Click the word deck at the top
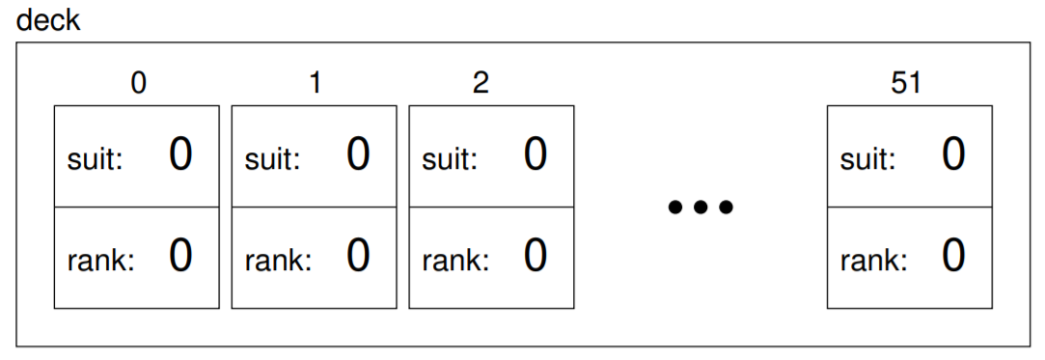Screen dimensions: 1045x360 click(x=47, y=19)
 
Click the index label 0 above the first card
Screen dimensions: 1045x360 click(x=138, y=83)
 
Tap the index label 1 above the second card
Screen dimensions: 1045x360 click(x=316, y=83)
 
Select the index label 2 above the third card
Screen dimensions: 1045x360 click(x=481, y=83)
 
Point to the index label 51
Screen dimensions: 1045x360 click(x=906, y=83)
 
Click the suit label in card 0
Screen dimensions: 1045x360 click(x=96, y=159)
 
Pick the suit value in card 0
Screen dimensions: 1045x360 click(x=180, y=154)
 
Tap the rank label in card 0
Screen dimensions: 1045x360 click(x=100, y=261)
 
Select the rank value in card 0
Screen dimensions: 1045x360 click(x=180, y=256)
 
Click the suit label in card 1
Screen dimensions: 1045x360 click(x=272, y=159)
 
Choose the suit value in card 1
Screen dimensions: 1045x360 click(x=358, y=154)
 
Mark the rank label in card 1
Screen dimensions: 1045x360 click(x=278, y=261)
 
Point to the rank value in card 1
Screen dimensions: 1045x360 click(x=358, y=256)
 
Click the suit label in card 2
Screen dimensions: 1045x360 click(x=450, y=159)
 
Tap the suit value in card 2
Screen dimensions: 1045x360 click(x=536, y=154)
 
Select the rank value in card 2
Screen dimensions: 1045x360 click(x=536, y=256)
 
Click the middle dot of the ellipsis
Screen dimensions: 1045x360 click(x=701, y=208)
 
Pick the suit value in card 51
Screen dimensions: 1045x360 click(x=953, y=154)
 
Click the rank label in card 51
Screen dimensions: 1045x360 click(x=873, y=261)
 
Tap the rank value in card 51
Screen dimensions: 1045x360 click(x=953, y=256)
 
